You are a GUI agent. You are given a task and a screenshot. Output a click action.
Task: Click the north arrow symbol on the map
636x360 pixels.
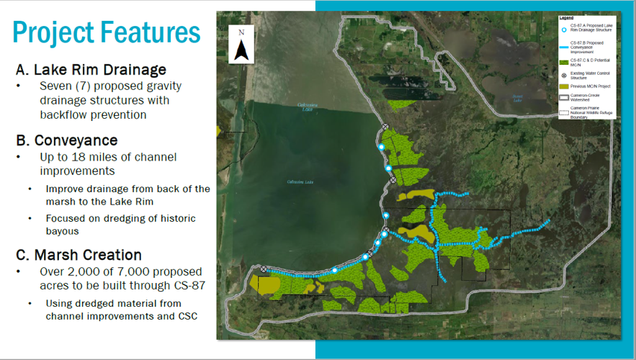242,45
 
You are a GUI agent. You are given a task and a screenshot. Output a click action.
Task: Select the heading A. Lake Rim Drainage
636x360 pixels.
91,70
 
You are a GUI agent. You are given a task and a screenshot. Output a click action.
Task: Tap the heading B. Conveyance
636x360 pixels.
67,140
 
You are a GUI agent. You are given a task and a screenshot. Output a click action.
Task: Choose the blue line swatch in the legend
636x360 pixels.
564,47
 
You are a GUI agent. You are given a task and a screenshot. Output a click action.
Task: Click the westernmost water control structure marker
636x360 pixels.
264,269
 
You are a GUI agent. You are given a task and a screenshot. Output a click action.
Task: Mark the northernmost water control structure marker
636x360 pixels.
385,127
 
